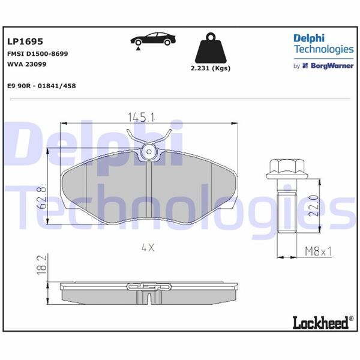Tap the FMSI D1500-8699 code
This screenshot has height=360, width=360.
pyautogui.click(x=37, y=53)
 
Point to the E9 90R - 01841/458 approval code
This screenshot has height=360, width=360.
pyautogui.click(x=41, y=86)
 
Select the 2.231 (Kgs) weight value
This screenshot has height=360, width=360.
pyautogui.click(x=210, y=68)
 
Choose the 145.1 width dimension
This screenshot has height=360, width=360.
pyautogui.click(x=142, y=116)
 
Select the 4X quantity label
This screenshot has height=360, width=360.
pyautogui.click(x=148, y=247)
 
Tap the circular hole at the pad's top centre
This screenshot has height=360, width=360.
pyautogui.click(x=148, y=154)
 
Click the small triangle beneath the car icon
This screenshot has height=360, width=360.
pyautogui.click(x=137, y=52)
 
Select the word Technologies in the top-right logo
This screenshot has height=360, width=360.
pyautogui.click(x=323, y=49)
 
